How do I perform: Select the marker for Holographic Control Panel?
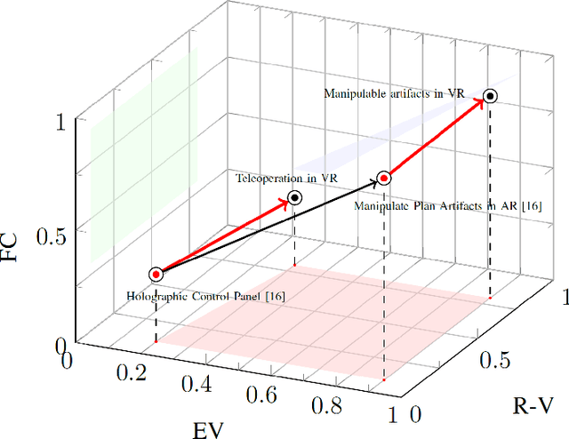[x=156, y=275]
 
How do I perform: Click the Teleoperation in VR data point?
[x=295, y=197]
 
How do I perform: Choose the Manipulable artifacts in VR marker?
[x=490, y=96]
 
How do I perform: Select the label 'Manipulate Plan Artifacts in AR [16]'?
[x=435, y=206]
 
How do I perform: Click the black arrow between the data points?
[x=267, y=226]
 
